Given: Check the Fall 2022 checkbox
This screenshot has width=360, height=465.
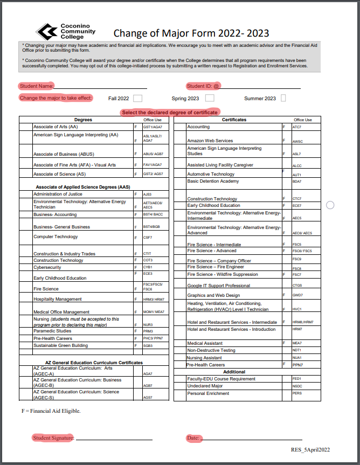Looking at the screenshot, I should [x=137, y=98].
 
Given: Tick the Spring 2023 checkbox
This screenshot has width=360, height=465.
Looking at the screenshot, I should [x=210, y=98].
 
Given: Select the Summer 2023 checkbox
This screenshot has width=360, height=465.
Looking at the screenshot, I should [x=283, y=98].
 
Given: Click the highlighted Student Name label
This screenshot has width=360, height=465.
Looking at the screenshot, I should [x=36, y=86].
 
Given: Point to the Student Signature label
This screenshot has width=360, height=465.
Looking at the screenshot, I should [x=53, y=438].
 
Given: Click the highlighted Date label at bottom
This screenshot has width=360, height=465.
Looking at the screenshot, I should [x=193, y=438].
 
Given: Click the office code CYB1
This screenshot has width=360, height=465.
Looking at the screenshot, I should [x=148, y=267].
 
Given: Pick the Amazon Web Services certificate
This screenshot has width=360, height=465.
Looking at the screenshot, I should [x=210, y=141].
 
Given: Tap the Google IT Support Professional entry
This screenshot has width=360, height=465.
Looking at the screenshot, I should [x=218, y=286].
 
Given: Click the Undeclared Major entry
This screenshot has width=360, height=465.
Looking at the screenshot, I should [x=205, y=386].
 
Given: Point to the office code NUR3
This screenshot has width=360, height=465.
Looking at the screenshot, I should [x=148, y=325].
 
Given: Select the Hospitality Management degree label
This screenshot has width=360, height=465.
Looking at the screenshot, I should [x=58, y=299].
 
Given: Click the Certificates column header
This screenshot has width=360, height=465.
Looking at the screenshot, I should [x=234, y=120].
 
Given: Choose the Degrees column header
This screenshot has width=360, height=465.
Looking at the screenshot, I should [x=83, y=120].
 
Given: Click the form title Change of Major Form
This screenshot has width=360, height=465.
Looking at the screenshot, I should [x=191, y=34].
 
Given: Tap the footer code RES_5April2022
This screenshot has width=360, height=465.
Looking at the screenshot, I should [x=310, y=449].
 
